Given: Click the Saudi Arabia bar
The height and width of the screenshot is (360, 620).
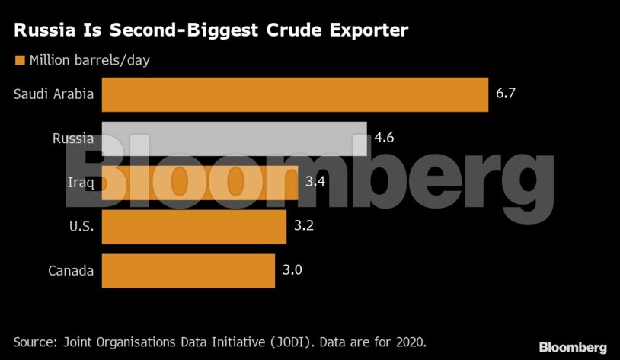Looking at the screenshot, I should coord(294,94).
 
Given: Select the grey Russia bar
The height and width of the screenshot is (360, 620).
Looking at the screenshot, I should coord(234,139).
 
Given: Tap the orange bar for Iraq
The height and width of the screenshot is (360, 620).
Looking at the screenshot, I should coord(200,183).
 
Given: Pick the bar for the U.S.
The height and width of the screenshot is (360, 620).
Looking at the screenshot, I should coord(193,227).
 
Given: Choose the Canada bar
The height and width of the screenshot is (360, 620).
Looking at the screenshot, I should coord(187,271).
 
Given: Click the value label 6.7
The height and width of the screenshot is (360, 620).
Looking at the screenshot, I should coord(507,94).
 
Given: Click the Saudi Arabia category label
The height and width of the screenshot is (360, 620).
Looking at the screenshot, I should coord(53,94).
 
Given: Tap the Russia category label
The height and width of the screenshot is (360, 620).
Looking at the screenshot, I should coord(73,139).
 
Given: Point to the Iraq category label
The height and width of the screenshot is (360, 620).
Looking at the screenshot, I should coord(81,183).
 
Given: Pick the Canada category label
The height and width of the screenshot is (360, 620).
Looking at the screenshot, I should coord(71,271).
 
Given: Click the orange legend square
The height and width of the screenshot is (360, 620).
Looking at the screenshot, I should coord(19,59).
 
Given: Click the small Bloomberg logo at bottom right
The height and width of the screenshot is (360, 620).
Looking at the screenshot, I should coord(573,347).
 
